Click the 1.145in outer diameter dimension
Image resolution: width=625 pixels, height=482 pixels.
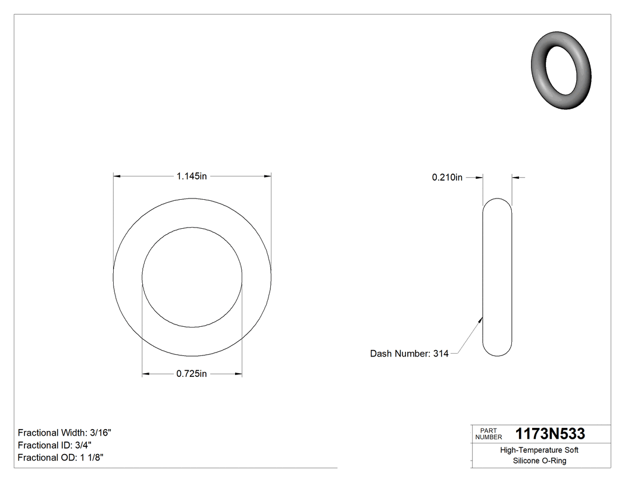pyautogui.click(x=191, y=176)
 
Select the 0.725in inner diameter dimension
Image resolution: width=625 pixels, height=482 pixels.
pyautogui.click(x=191, y=374)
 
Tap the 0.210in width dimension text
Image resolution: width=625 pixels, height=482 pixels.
pyautogui.click(x=447, y=177)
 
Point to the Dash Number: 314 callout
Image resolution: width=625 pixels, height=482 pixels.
pyautogui.click(x=409, y=354)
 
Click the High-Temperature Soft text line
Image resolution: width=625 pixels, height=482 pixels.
pyautogui.click(x=539, y=451)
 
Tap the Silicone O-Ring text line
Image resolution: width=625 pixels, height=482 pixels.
pyautogui.click(x=539, y=461)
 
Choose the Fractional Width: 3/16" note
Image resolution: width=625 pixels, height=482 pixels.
pyautogui.click(x=64, y=433)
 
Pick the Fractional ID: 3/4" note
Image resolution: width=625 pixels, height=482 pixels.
pyautogui.click(x=54, y=445)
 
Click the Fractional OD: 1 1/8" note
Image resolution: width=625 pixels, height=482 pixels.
pyautogui.click(x=61, y=458)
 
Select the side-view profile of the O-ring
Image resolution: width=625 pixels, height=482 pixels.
pyautogui.click(x=496, y=277)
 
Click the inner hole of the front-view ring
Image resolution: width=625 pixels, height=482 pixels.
pyautogui.click(x=192, y=277)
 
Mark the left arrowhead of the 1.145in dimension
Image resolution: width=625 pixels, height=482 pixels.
pyautogui.click(x=117, y=176)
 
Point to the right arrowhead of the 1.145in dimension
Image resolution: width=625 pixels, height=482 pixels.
pyautogui.click(x=267, y=176)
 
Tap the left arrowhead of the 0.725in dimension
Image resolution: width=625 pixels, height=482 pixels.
pyautogui.click(x=146, y=374)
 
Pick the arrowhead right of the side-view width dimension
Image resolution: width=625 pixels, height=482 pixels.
pyautogui.click(x=515, y=177)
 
